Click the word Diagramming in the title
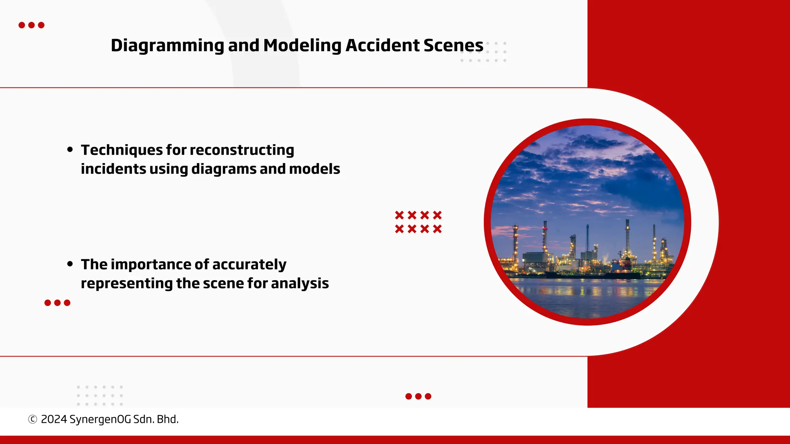(167, 45)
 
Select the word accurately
(249, 264)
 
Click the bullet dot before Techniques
(70, 150)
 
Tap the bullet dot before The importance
(70, 264)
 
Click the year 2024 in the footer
(54, 419)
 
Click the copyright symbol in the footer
(33, 419)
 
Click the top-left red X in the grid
(399, 215)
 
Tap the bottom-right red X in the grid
(437, 229)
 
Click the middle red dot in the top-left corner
(32, 25)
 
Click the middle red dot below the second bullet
(57, 303)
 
